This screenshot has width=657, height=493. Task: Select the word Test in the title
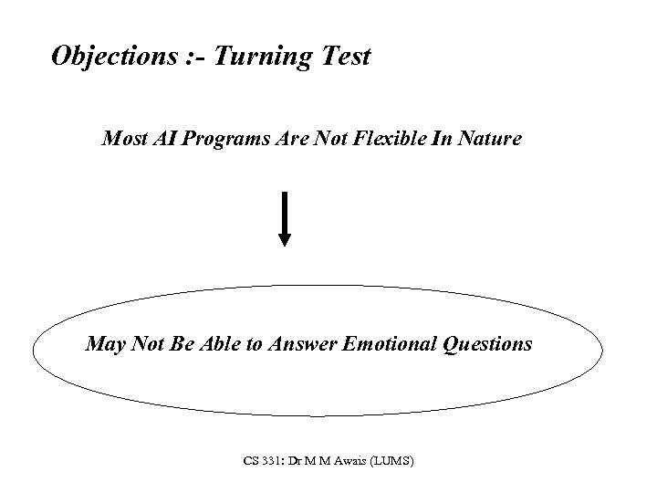coord(346,57)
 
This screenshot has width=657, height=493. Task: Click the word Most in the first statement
coord(123,140)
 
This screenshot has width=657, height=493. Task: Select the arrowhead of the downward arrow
coord(285,238)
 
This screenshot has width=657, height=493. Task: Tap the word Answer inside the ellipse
coord(303,344)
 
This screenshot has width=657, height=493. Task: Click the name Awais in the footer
coord(350,462)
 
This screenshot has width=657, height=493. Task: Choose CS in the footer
coord(251,462)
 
